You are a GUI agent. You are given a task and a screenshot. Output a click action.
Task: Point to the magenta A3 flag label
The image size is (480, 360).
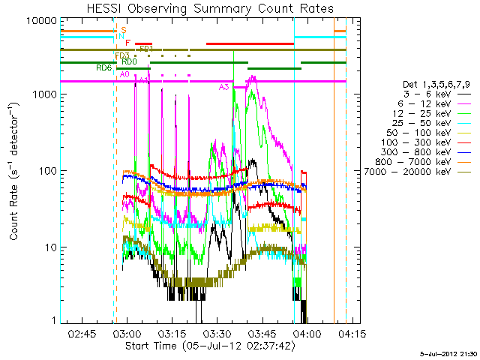tap(223, 87)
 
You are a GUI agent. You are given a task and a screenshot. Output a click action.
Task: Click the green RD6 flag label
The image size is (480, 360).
tap(103, 67)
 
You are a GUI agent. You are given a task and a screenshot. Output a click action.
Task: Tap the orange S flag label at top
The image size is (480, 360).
tap(123, 29)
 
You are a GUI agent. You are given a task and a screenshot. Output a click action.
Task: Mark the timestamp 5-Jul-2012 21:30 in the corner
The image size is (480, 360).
tap(449, 352)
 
